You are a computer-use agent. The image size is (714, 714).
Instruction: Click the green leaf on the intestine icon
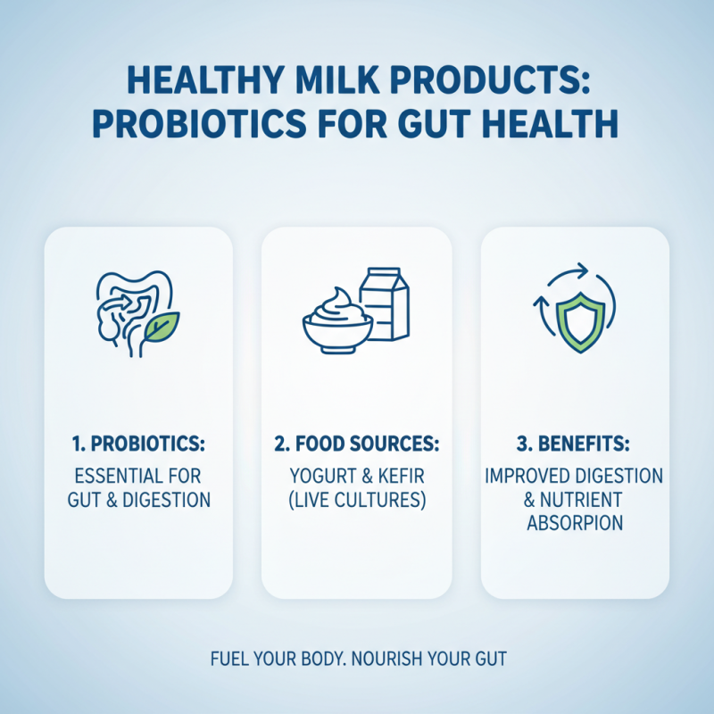[x=162, y=328]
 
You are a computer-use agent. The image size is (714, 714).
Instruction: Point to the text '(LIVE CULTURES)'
[x=356, y=500]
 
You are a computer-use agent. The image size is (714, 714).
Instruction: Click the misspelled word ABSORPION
[x=575, y=523]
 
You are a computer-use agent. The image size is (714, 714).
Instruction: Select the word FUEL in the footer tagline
[x=228, y=660]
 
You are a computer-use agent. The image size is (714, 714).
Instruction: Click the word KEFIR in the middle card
[x=399, y=476]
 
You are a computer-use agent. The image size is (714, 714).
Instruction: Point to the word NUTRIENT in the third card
[x=584, y=500]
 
